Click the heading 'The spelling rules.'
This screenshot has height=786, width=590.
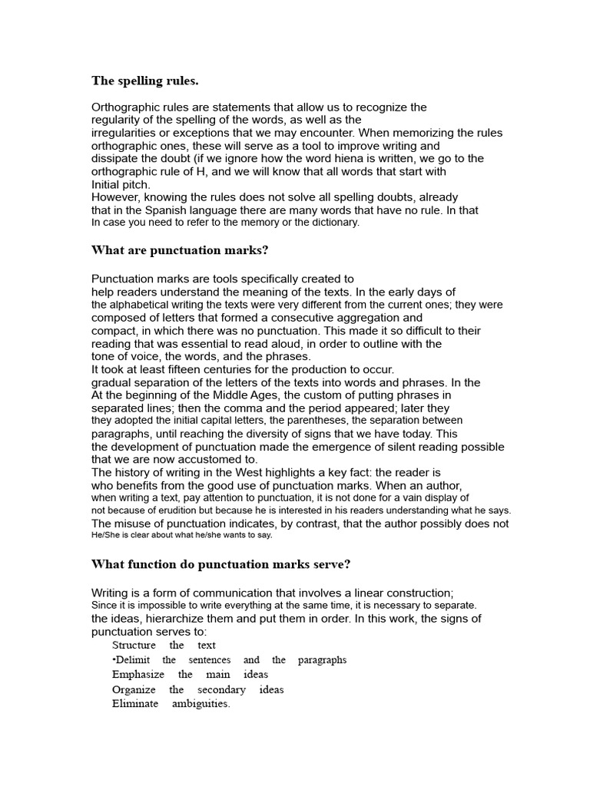[x=144, y=80]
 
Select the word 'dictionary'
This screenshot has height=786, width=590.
[x=330, y=223]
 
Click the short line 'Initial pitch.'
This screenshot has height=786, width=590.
[x=121, y=184]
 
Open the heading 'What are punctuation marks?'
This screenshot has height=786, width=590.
[x=180, y=250]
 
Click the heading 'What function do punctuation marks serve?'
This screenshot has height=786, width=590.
[x=220, y=564]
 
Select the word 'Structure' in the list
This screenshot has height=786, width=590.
[x=134, y=646]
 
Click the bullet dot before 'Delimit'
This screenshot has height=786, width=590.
[x=114, y=660]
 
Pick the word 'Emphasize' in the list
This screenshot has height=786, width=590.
[x=137, y=675]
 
